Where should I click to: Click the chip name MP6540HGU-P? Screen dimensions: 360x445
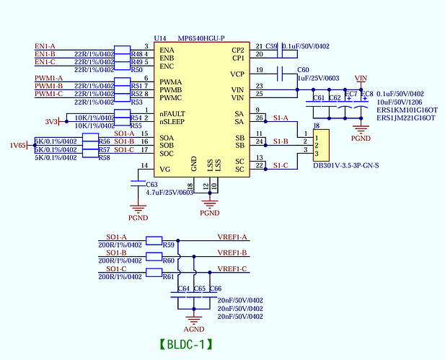201,38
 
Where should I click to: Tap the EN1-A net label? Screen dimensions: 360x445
45,46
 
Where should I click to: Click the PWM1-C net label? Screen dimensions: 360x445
48,94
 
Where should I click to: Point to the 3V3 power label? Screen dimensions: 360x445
51,121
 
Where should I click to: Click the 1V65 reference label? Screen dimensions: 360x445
17,145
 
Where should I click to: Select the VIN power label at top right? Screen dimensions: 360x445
361,78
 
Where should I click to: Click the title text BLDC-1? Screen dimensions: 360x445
186,343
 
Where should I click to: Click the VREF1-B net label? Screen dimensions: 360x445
232,253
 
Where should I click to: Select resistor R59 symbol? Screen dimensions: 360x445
154,240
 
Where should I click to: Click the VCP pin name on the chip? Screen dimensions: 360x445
237,74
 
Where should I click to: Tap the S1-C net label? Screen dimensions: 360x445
281,166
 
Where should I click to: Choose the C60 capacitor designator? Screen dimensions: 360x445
304,70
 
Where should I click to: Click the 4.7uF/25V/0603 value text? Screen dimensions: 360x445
169,193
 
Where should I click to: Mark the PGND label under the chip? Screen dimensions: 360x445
209,213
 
